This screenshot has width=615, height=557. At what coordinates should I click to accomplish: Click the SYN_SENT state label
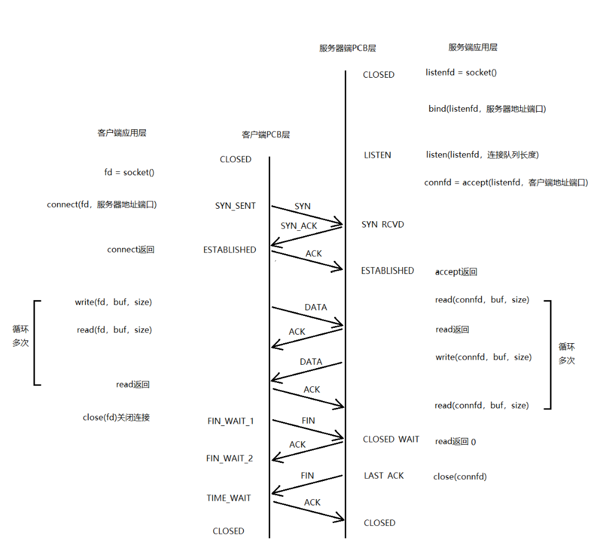235,206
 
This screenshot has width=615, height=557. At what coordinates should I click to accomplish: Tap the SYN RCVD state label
383,225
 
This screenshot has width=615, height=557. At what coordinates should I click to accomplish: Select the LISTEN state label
377,155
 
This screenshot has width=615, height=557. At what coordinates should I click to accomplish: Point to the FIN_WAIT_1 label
230,421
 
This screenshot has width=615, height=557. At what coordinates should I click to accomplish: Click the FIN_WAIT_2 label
229,458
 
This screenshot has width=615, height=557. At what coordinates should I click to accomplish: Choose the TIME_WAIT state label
229,498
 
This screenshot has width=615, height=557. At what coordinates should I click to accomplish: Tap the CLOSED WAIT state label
391,439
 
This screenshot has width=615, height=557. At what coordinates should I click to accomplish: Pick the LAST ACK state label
384,475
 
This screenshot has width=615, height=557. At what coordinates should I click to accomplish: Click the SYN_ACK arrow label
299,226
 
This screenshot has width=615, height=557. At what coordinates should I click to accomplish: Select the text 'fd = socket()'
129,172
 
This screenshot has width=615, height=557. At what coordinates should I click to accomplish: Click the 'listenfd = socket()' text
461,73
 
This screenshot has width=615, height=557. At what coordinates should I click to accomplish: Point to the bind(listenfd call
487,108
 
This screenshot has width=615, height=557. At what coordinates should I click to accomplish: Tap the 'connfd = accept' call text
506,183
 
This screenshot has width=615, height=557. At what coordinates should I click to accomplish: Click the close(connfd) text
460,476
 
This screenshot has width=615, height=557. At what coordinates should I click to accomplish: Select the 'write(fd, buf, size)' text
113,302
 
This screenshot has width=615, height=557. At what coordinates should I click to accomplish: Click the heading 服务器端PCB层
347,48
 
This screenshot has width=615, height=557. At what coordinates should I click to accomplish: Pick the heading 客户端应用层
122,133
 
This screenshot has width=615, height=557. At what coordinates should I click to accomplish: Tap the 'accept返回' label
456,272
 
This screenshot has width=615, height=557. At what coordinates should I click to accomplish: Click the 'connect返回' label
130,250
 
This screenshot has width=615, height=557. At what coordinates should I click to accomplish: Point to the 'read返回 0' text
456,441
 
